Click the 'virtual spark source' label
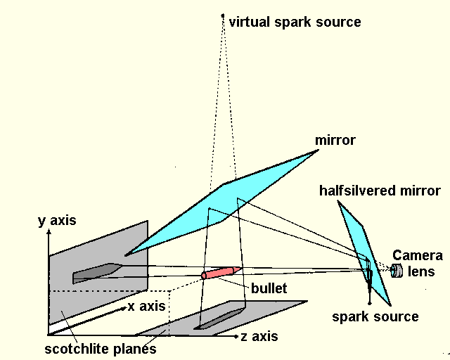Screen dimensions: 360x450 pos(295,22)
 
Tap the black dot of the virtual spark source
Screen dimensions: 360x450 pos(223,15)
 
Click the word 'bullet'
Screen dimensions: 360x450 pos(270,288)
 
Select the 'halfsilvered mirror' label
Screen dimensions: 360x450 pos(380,191)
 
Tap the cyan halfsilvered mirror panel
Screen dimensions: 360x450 pos(362,246)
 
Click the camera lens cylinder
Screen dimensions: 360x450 pos(397,271)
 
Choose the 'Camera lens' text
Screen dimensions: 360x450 pos(418,262)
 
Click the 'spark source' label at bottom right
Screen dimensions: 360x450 pos(375,316)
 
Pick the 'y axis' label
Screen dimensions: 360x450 pos(56,221)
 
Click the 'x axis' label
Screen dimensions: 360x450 pos(146,307)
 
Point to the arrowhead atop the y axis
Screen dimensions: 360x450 pos(48,233)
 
